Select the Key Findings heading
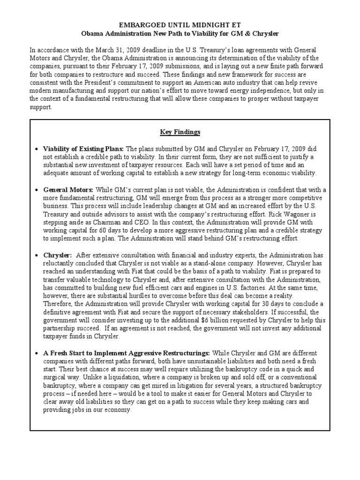coord(180,133)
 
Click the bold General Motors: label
coord(68,189)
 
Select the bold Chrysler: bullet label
coord(58,255)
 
